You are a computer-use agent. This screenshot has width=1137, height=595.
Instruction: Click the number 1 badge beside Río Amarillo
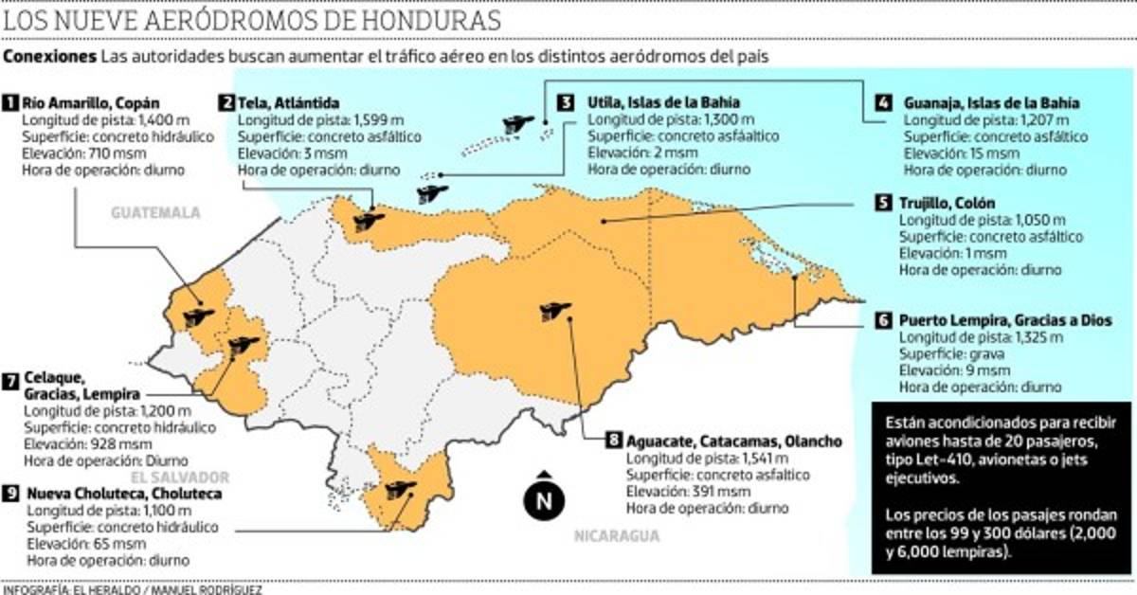pos(11,101)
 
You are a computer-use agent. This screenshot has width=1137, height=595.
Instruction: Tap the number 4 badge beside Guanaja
pos(884,102)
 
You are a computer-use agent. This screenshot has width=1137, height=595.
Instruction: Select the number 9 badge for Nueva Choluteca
pos(11,494)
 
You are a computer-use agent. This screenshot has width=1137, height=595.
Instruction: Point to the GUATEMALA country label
pos(156,213)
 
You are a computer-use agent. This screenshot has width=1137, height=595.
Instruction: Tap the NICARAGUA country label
pos(616,536)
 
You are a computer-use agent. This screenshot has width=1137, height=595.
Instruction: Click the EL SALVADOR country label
pos(180,477)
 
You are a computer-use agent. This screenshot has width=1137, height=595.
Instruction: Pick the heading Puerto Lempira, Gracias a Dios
pos(1004,320)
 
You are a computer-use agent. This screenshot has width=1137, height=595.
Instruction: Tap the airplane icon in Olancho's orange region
pos(550,311)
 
